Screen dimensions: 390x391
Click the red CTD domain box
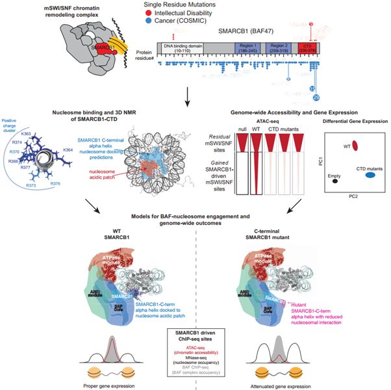pos(305,48)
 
